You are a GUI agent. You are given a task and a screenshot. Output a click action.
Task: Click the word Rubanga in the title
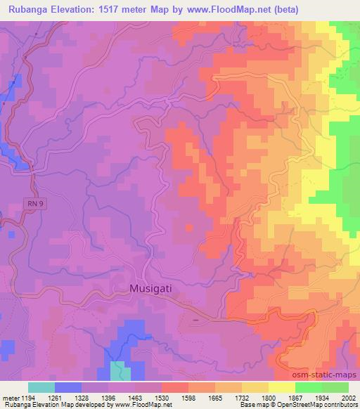(x=31, y=10)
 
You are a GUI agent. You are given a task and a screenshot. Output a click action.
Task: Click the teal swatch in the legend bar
(x=41, y=387)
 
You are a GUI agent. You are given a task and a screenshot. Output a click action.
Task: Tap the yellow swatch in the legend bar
(x=281, y=387)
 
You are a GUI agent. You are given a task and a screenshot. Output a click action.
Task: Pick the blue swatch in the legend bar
(x=68, y=387)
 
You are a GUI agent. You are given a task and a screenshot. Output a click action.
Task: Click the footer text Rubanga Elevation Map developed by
(x=42, y=405)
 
